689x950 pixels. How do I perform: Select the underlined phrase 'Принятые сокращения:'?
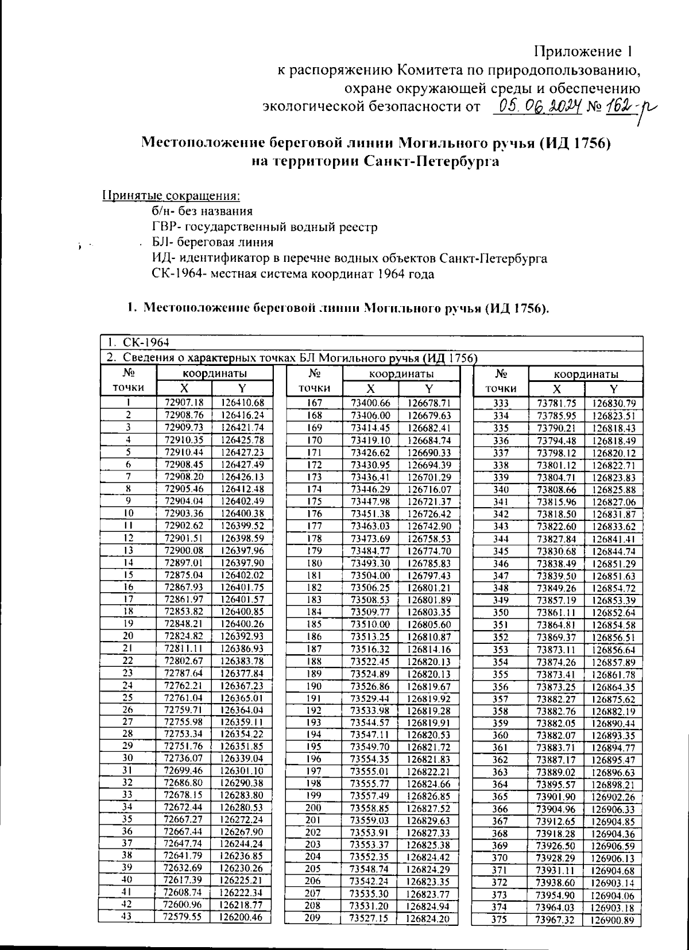(171, 195)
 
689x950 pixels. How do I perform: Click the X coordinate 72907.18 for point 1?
(184, 403)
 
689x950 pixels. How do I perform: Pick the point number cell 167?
(314, 403)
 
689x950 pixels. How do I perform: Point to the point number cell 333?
(501, 403)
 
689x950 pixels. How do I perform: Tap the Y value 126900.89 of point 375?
(613, 920)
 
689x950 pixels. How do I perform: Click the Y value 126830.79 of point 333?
(614, 403)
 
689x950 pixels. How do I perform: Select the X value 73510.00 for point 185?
(370, 624)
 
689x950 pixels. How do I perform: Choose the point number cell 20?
(128, 636)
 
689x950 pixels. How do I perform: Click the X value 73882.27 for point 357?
(556, 699)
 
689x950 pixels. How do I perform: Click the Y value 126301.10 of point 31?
(242, 771)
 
